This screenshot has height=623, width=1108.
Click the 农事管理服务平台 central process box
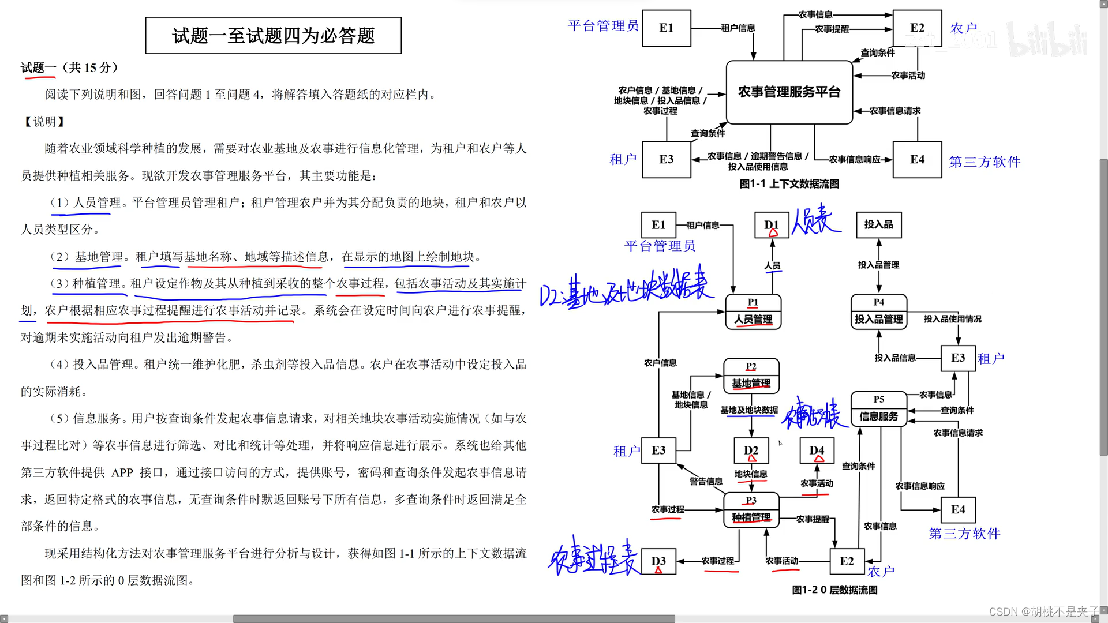point(789,92)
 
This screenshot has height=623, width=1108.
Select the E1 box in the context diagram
point(667,28)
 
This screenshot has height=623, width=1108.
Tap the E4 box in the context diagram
point(917,160)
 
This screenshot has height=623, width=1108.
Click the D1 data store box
point(772,225)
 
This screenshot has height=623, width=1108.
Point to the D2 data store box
point(751,451)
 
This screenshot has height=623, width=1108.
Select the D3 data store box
point(658,561)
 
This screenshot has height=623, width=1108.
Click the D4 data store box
point(817,451)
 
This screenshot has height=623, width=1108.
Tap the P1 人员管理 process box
point(753,312)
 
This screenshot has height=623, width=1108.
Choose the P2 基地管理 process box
point(751,376)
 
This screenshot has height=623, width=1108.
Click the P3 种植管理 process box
point(751,510)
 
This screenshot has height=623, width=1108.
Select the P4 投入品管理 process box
point(878,312)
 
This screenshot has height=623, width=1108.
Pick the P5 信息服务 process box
point(878,409)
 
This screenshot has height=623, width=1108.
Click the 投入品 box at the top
point(878,224)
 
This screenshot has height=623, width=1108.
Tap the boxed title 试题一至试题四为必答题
point(274,36)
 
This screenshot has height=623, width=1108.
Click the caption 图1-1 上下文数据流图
point(789,184)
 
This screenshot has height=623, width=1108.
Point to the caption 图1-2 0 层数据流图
point(834,590)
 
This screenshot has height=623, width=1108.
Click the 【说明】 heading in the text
point(44,122)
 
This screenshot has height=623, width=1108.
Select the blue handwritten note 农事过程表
point(593,558)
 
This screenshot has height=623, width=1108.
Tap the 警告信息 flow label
point(706,481)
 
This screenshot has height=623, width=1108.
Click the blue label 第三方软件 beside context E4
point(985,162)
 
